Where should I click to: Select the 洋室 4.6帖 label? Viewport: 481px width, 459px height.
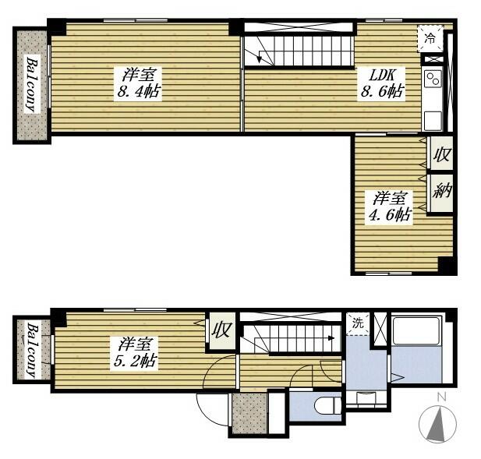tap(390, 207)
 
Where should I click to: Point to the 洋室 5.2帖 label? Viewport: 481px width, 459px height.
tap(139, 351)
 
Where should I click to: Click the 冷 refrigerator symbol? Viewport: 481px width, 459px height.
tap(431, 35)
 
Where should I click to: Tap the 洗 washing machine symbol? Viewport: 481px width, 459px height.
tap(358, 323)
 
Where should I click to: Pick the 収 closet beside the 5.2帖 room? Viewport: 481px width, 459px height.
tap(221, 330)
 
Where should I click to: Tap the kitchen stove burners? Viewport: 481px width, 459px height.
tap(432, 78)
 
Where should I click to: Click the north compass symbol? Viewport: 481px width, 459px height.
tap(439, 425)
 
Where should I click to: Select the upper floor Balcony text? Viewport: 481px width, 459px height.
tap(32, 84)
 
